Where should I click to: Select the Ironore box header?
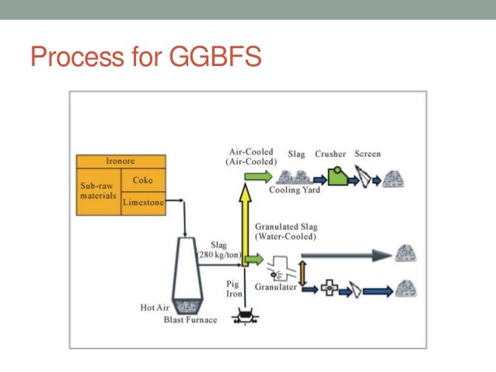pyautogui.click(x=121, y=162)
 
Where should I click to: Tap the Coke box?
pyautogui.click(x=142, y=181)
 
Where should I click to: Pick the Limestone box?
pyautogui.click(x=142, y=202)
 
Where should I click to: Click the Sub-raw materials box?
pyautogui.click(x=98, y=192)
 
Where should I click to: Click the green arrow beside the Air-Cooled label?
pyautogui.click(x=254, y=177)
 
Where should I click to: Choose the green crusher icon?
pyautogui.click(x=337, y=176)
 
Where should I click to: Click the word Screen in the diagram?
pyautogui.click(x=368, y=154)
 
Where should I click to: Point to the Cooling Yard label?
pyautogui.click(x=295, y=189)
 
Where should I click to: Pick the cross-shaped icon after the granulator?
pyautogui.click(x=330, y=289)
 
